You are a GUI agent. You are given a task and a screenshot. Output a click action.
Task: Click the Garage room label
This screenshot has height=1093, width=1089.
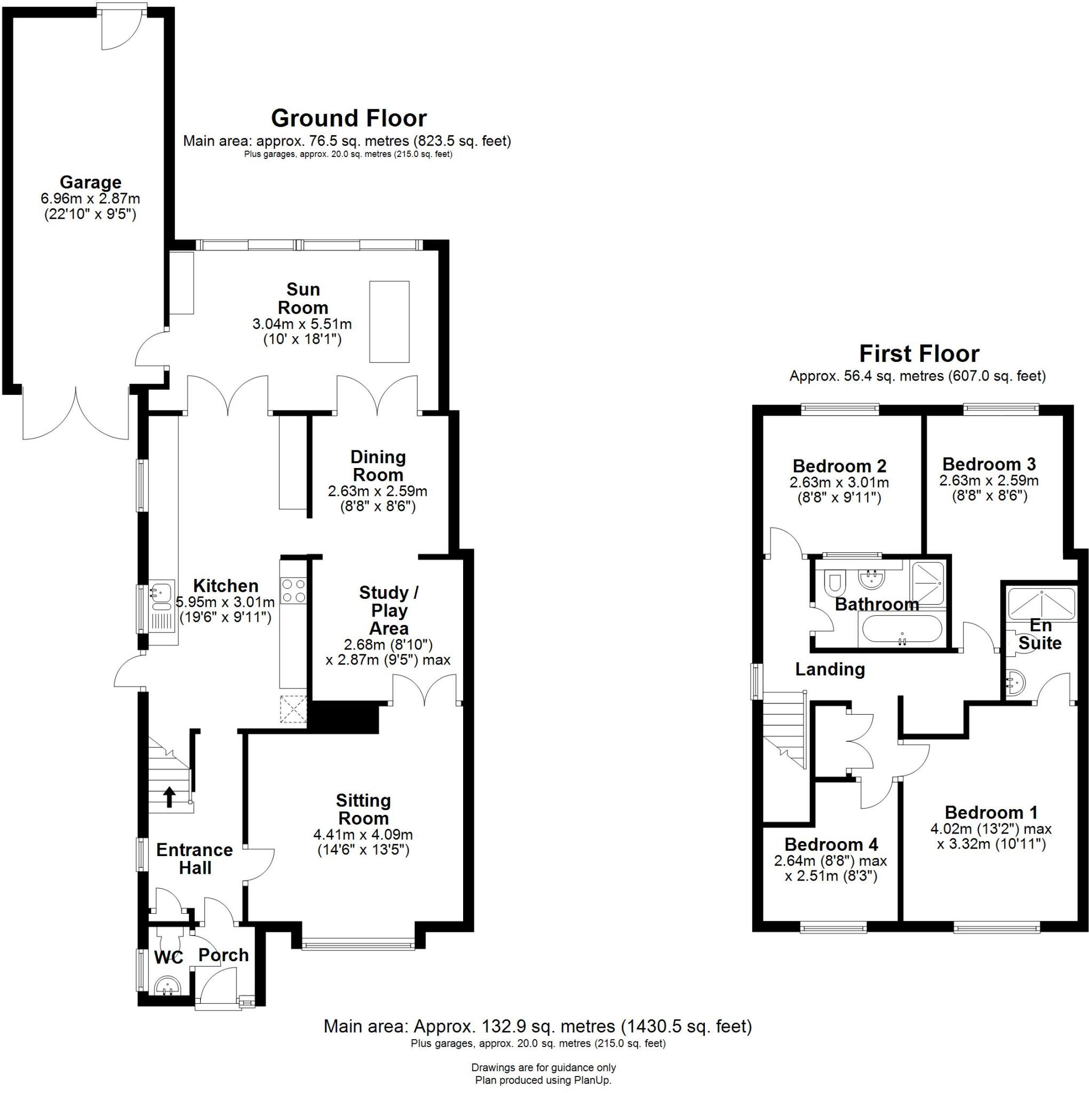tap(91, 182)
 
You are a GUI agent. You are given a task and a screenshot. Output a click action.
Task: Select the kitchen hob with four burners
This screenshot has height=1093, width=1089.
tap(293, 590)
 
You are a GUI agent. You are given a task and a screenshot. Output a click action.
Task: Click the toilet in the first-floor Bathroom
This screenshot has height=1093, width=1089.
tap(834, 583)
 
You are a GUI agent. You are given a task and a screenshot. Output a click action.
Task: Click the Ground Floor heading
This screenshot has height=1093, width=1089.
tap(348, 118)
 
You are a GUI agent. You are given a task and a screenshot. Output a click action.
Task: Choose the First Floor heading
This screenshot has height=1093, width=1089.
tap(919, 354)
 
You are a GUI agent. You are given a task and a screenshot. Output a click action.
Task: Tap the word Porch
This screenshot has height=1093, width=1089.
tap(224, 955)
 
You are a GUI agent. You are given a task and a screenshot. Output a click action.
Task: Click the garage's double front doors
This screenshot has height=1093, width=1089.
tap(75, 415)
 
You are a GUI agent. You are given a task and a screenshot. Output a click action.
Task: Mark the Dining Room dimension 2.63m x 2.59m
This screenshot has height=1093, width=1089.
tap(377, 491)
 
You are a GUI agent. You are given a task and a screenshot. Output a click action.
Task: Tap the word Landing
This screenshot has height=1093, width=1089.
tap(830, 669)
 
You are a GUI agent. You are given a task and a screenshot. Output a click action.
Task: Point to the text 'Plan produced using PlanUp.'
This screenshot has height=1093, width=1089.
tap(543, 1080)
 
